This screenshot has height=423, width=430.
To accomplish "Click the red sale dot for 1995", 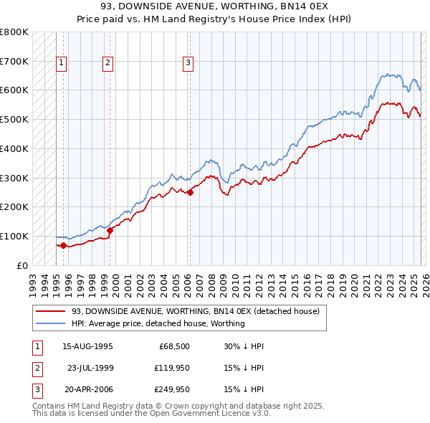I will (63, 245).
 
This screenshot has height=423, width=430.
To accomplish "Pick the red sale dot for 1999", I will (110, 230).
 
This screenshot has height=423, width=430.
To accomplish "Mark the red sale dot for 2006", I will (190, 192).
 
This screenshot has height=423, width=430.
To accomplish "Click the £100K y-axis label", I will (14, 236).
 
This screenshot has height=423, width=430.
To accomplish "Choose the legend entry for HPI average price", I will (158, 323).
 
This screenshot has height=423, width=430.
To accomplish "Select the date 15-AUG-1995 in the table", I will (87, 346).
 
